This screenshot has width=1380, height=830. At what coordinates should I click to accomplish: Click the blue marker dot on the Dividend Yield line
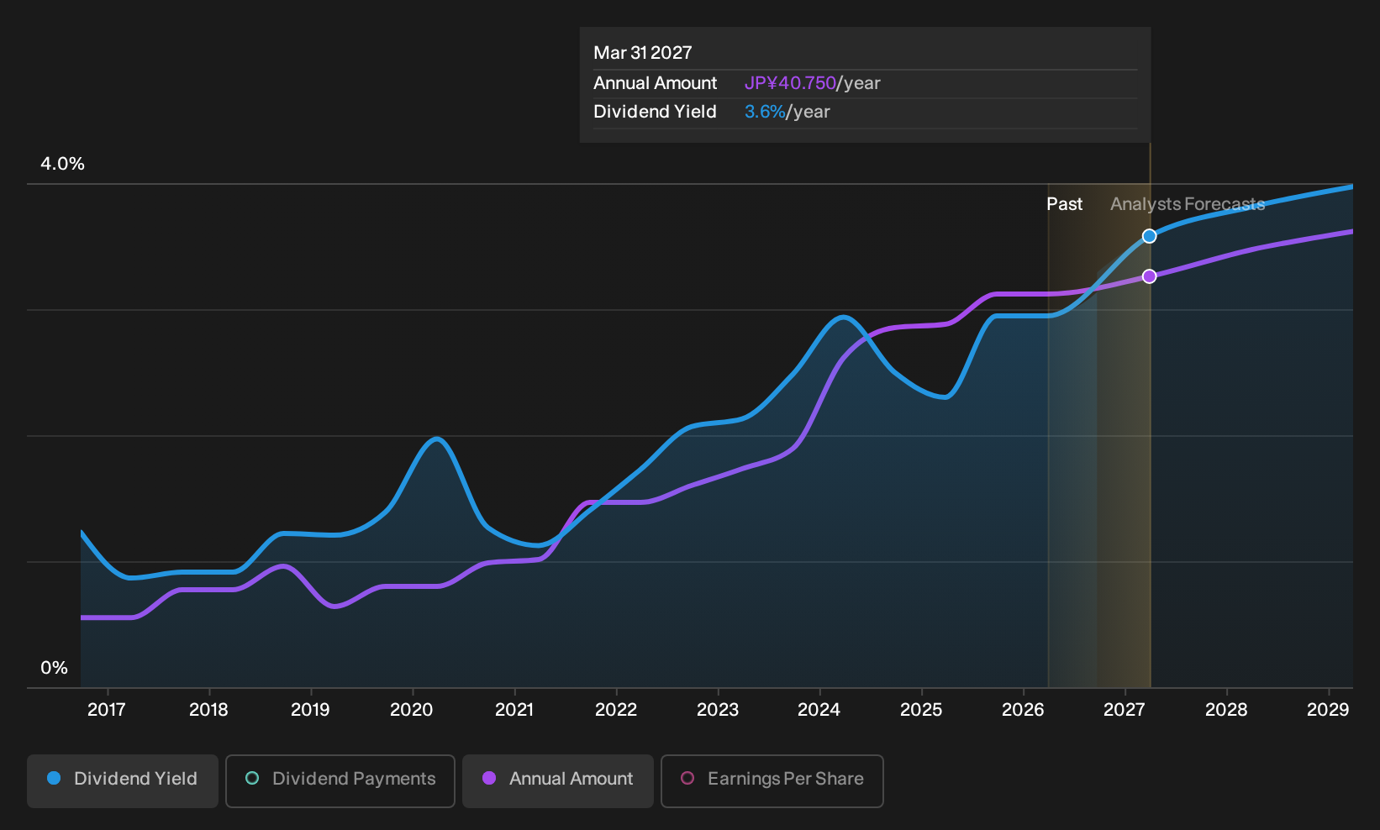1149,236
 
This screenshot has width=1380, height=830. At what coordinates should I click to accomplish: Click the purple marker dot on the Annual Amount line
1149,276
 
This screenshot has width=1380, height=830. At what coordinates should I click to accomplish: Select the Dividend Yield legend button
123,780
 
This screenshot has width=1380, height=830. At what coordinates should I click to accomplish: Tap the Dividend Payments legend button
340,780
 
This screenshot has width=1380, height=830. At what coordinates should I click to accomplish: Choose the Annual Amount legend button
557,780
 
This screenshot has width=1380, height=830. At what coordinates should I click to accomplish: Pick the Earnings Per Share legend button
772,780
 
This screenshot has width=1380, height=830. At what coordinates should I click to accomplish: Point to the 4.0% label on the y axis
62,164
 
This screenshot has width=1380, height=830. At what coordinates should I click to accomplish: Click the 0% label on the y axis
55,668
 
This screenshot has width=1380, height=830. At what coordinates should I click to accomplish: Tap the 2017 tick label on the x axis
107,710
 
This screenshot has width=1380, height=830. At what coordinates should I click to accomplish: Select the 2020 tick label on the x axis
412,710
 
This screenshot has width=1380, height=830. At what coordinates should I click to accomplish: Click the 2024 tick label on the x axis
819,710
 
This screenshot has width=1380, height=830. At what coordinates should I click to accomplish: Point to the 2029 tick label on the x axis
1328,710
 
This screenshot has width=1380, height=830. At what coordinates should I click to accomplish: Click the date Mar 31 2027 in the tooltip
643,53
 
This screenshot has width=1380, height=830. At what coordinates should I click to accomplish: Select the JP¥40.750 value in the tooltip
790,83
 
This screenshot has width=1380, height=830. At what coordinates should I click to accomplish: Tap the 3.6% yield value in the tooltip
765,112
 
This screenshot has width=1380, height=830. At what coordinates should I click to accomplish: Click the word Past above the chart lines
1065,204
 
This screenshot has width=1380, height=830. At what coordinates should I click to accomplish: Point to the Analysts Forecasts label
1188,204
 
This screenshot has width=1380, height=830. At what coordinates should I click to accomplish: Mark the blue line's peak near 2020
436,439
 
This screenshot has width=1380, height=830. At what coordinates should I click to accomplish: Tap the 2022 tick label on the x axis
616,710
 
